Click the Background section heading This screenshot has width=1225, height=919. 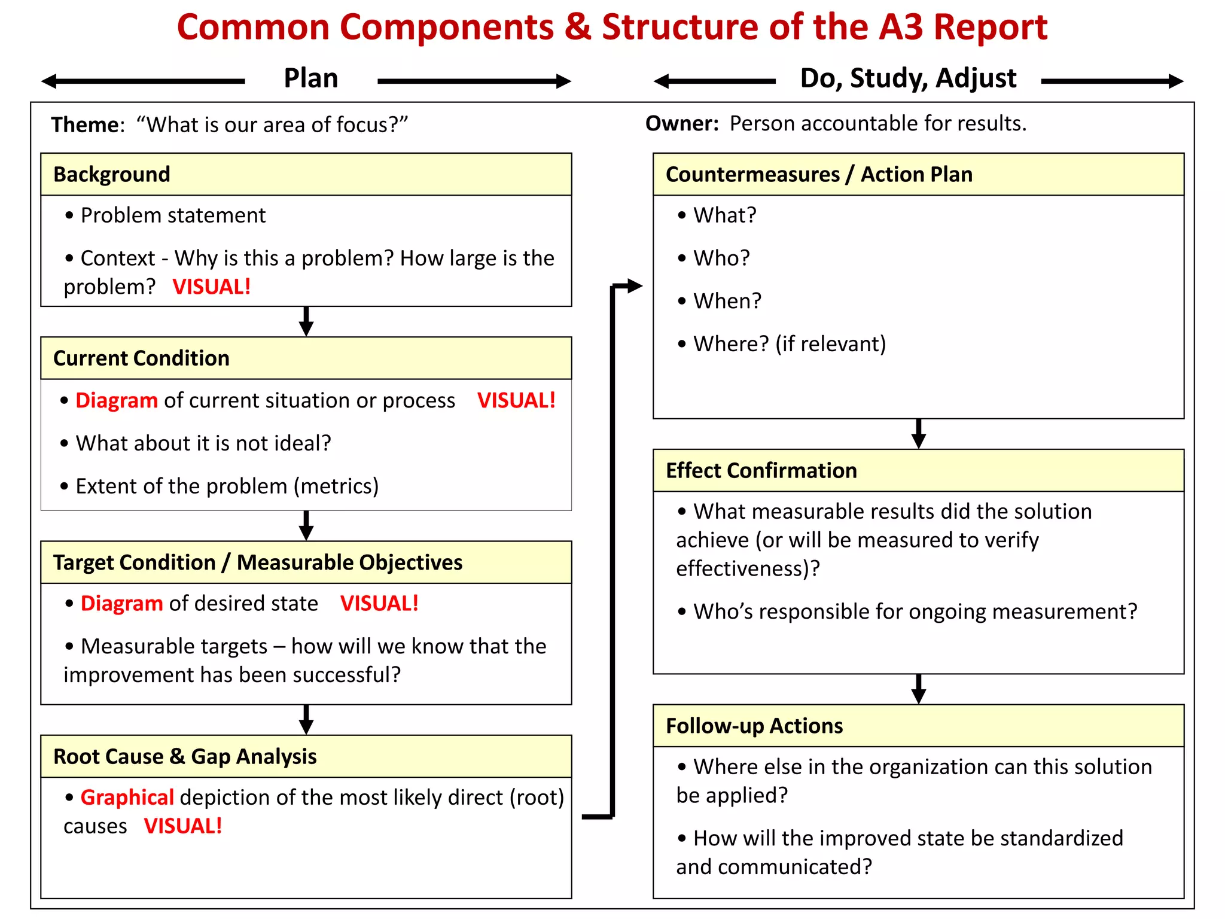[x=112, y=174]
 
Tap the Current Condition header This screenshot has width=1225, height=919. [x=141, y=358]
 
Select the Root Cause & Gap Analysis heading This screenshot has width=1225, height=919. [x=185, y=756]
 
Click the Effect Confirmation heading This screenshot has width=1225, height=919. [x=761, y=470]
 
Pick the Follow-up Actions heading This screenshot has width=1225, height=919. [x=754, y=726]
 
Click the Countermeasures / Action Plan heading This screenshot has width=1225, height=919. [x=818, y=174]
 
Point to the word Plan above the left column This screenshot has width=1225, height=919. [x=310, y=78]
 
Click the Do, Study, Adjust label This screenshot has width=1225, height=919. [x=907, y=78]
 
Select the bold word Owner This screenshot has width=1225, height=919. [x=681, y=123]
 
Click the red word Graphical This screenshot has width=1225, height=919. [x=127, y=798]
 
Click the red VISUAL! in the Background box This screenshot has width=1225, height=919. [x=211, y=287]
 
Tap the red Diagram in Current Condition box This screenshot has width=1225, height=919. [x=117, y=400]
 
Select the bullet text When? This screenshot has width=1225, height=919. [x=727, y=301]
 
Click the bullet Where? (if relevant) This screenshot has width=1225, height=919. [x=789, y=344]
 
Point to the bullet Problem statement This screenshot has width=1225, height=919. [x=173, y=215]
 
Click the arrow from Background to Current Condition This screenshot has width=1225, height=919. [x=306, y=322]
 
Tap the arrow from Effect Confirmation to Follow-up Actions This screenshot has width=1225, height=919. [x=919, y=689]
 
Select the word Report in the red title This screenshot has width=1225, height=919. [x=990, y=27]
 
